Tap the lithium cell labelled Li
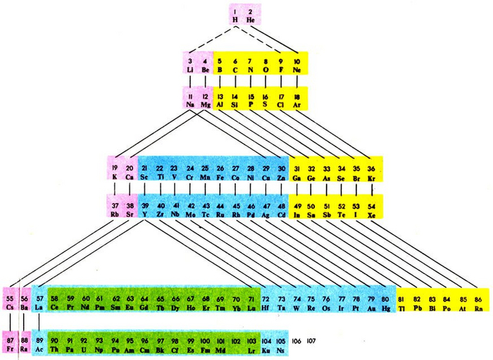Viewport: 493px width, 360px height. (x=191, y=64)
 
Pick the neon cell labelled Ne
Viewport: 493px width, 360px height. (x=297, y=64)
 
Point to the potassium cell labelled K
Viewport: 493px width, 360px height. (x=115, y=172)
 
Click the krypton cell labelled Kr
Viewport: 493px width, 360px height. (x=373, y=172)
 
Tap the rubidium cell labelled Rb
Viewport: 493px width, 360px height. (x=115, y=209)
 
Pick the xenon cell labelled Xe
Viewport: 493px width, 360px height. (x=373, y=209)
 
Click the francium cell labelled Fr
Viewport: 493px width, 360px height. (x=10, y=344)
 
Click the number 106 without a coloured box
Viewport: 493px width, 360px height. (x=297, y=340)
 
